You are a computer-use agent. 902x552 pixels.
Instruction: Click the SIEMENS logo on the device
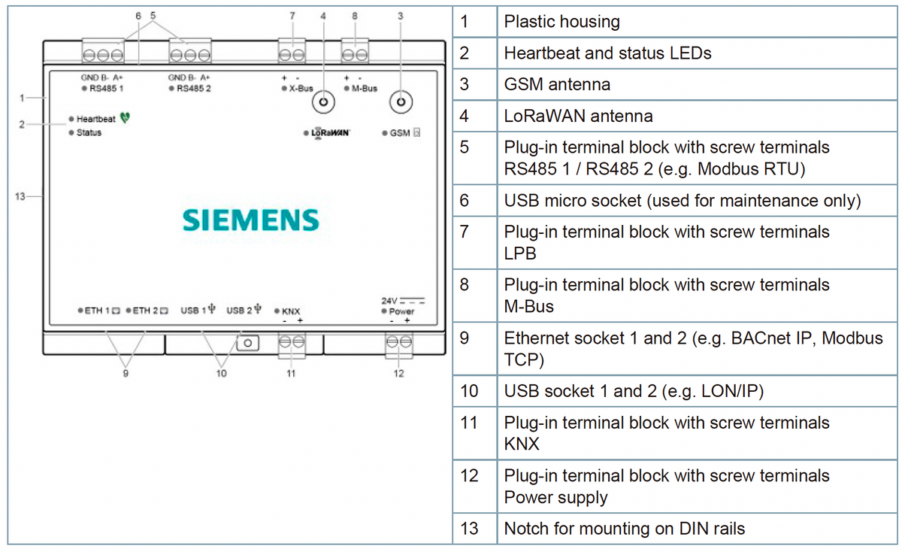pos(250,220)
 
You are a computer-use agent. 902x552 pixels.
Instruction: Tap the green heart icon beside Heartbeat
pos(125,117)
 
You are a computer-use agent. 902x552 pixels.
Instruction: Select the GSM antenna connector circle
pos(401,102)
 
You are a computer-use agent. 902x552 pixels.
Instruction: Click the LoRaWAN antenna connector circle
pos(323,102)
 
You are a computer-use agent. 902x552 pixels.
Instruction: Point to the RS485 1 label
pos(106,88)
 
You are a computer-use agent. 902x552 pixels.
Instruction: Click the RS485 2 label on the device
pos(194,88)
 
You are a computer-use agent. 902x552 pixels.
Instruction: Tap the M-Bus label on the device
pos(365,88)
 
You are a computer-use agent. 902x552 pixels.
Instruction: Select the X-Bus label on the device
pos(301,88)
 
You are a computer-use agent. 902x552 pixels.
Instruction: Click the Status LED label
pos(89,132)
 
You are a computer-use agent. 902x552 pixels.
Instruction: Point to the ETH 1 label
pos(97,311)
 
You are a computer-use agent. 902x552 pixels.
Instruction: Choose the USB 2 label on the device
pos(239,311)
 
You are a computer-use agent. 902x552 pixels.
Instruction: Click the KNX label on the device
pos(291,311)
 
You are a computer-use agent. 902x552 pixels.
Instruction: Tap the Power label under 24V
pos(401,311)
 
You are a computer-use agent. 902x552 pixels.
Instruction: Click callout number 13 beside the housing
pos(20,196)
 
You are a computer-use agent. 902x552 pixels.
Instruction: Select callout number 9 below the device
pos(126,374)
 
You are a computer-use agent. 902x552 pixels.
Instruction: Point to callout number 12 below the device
pos(398,374)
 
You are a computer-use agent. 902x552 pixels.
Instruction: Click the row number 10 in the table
pos(469,391)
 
